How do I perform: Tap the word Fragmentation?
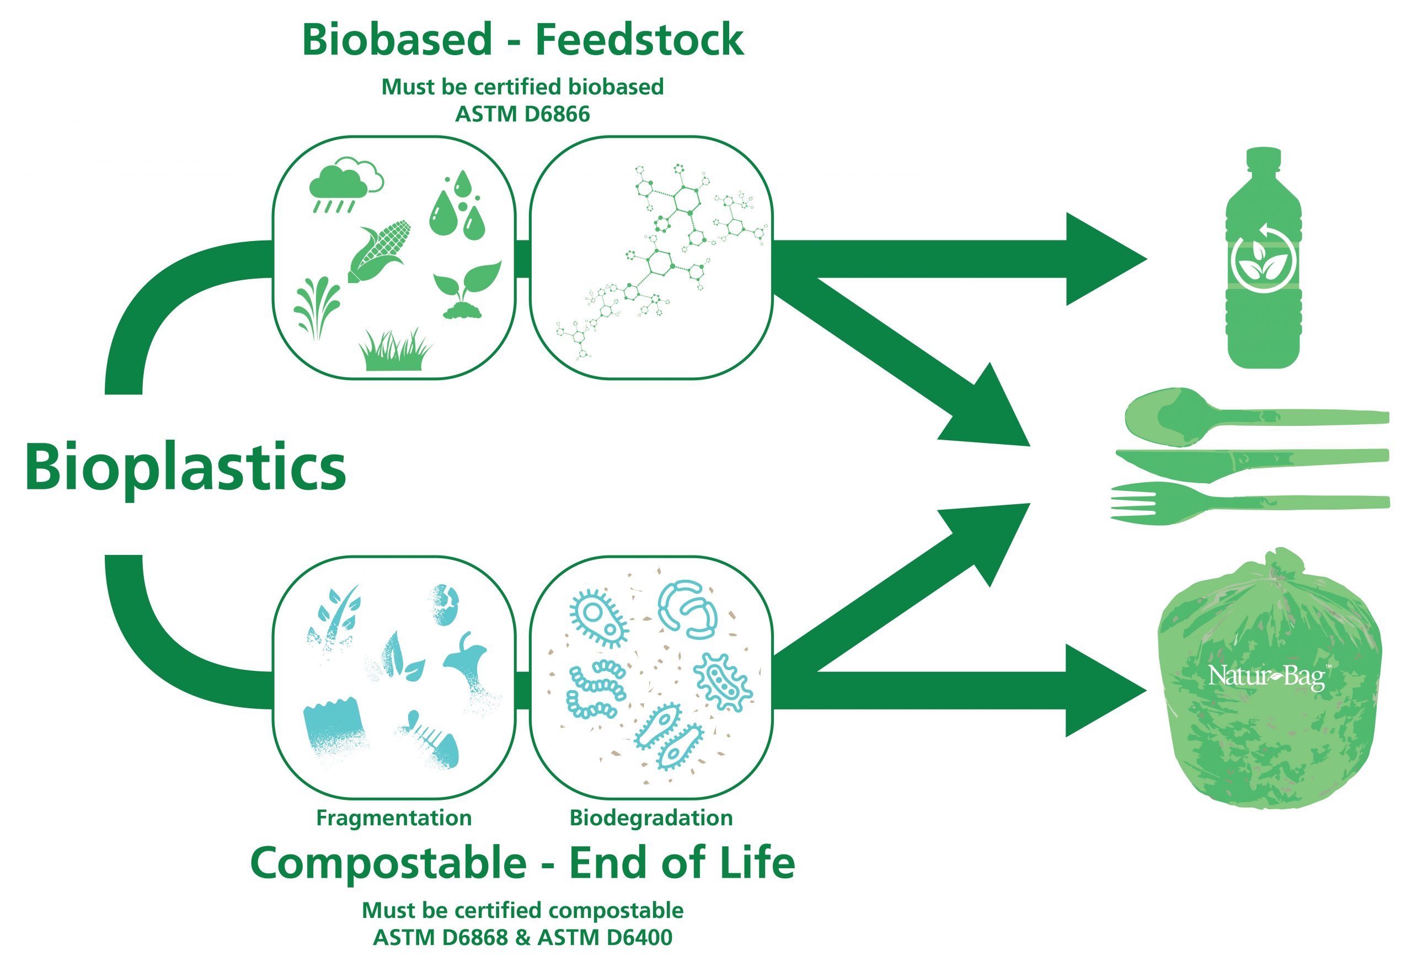pyautogui.click(x=394, y=818)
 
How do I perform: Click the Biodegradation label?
pyautogui.click(x=651, y=818)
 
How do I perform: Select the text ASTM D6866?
pyautogui.click(x=522, y=114)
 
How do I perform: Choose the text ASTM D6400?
pyautogui.click(x=605, y=937)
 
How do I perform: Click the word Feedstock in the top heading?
pyautogui.click(x=640, y=40)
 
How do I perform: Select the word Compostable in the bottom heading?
pyautogui.click(x=389, y=862)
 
